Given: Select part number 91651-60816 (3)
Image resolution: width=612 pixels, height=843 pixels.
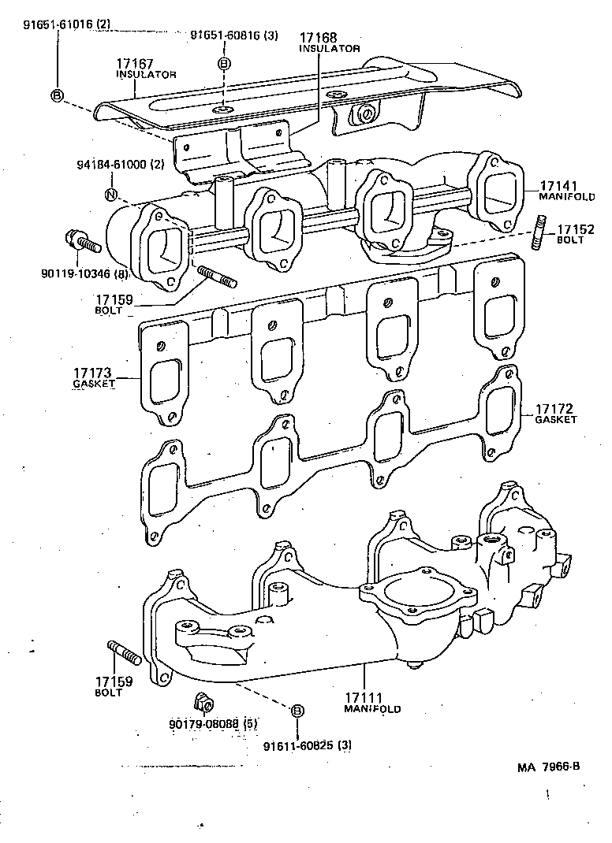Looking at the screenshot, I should (233, 36).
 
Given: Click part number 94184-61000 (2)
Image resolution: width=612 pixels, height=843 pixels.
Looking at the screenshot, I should (121, 165).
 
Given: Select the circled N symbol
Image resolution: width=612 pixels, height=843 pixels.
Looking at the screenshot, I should (111, 195).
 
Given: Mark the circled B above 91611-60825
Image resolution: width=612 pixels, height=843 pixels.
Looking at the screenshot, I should (297, 711).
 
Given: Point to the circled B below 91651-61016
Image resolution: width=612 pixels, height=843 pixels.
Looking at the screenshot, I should (57, 95).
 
